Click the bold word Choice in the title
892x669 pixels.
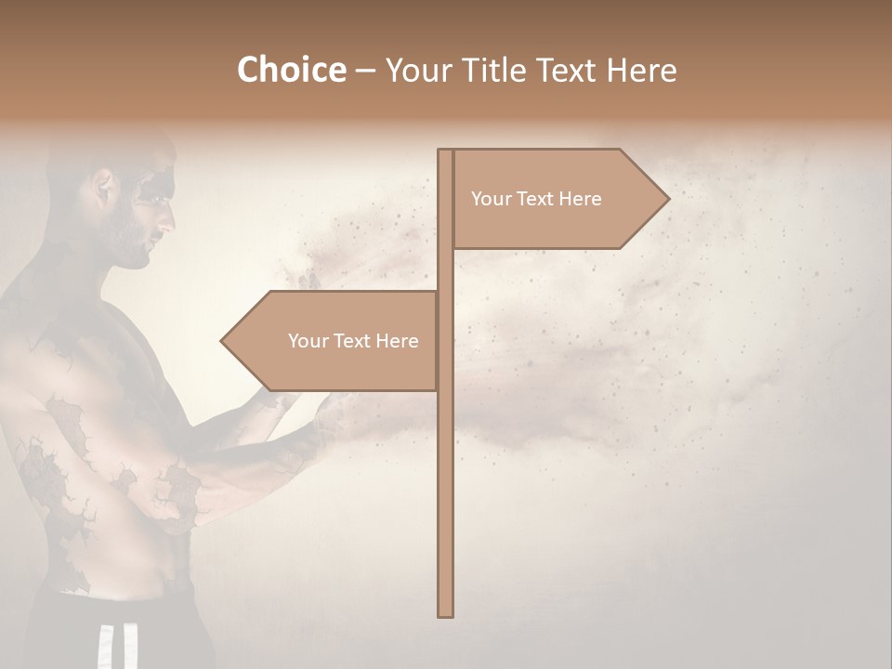[291, 70]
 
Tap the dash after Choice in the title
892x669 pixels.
[365, 72]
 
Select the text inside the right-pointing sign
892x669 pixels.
[536, 199]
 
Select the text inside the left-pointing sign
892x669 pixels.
[353, 341]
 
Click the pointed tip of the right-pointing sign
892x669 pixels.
[667, 198]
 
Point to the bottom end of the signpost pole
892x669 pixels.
[446, 614]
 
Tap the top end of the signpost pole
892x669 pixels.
[446, 151]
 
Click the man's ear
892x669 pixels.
[104, 191]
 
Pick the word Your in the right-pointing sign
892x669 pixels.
[491, 199]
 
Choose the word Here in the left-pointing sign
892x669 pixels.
[397, 341]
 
